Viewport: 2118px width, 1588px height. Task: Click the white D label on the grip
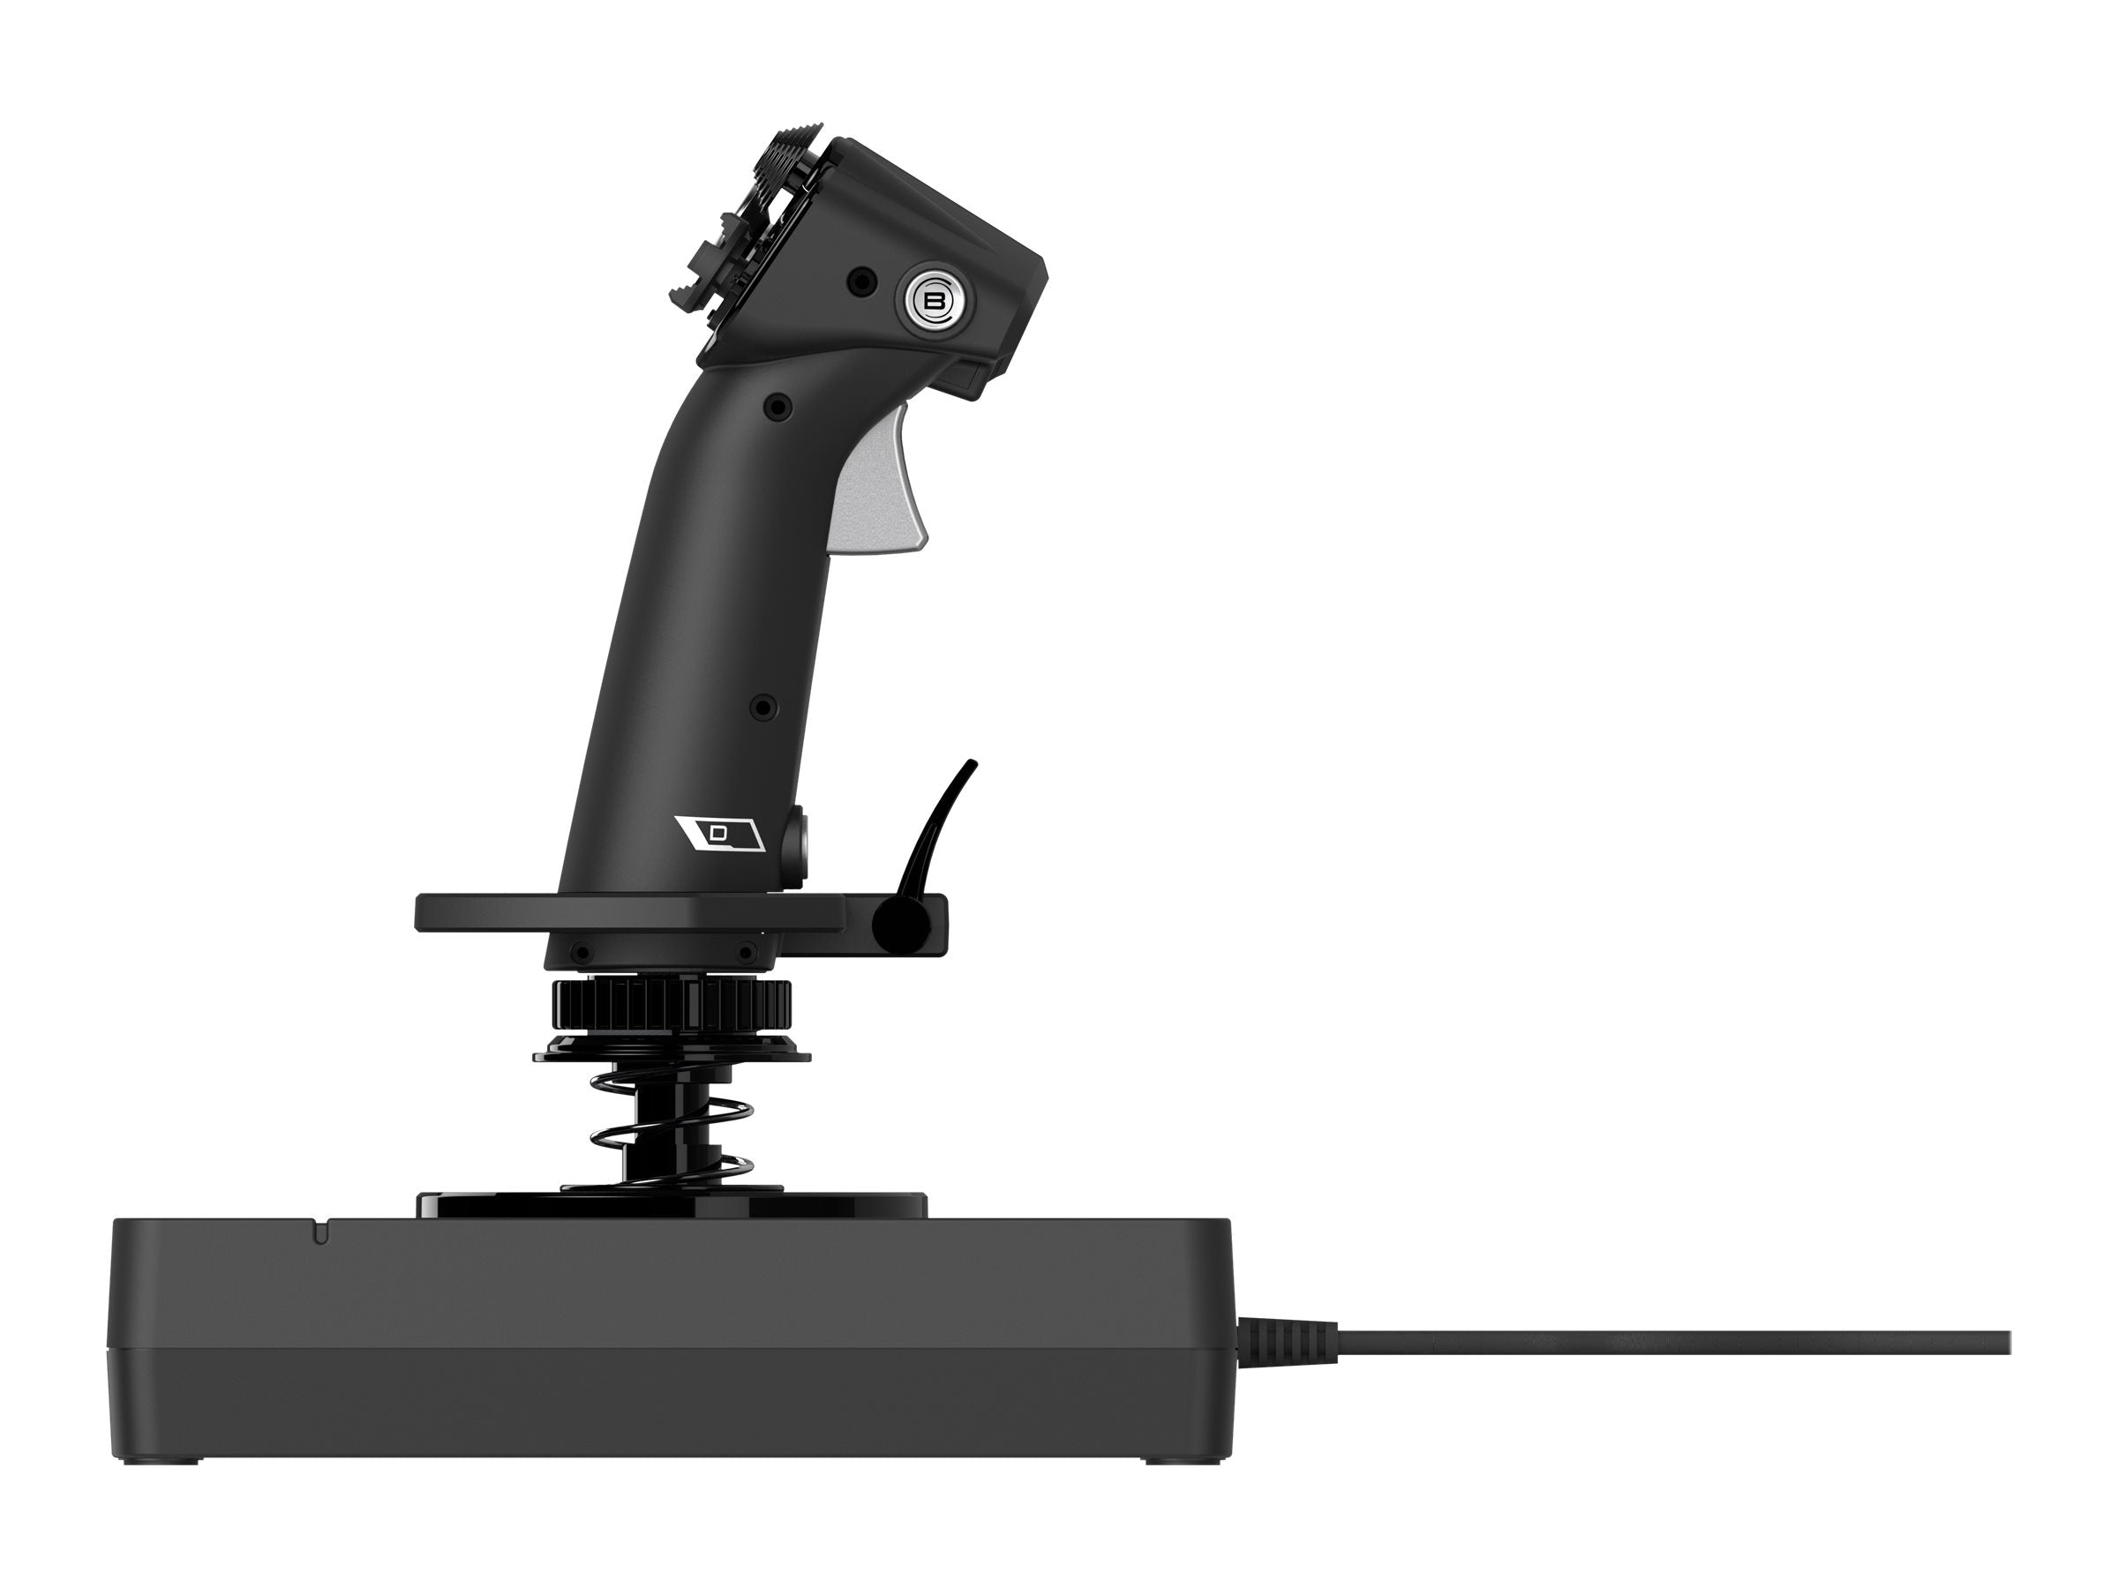[718, 834]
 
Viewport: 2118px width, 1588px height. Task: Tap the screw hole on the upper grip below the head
[781, 408]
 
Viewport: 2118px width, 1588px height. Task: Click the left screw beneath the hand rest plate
[581, 954]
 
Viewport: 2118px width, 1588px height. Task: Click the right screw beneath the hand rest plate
[745, 954]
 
